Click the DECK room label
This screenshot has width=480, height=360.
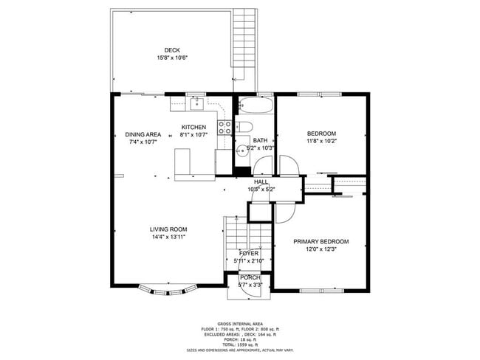[x=172, y=50]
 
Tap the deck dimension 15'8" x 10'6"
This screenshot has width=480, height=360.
[x=172, y=58]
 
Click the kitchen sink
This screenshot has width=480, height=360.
[x=197, y=104]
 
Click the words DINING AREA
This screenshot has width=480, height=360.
[x=143, y=134]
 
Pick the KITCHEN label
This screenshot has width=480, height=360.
[x=193, y=127]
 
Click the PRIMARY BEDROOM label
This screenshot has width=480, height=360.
[x=321, y=241]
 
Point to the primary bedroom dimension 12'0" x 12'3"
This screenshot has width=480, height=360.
[x=321, y=249]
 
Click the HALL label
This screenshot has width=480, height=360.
[x=261, y=181]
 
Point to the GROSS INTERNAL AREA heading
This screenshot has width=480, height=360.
[x=239, y=324]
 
